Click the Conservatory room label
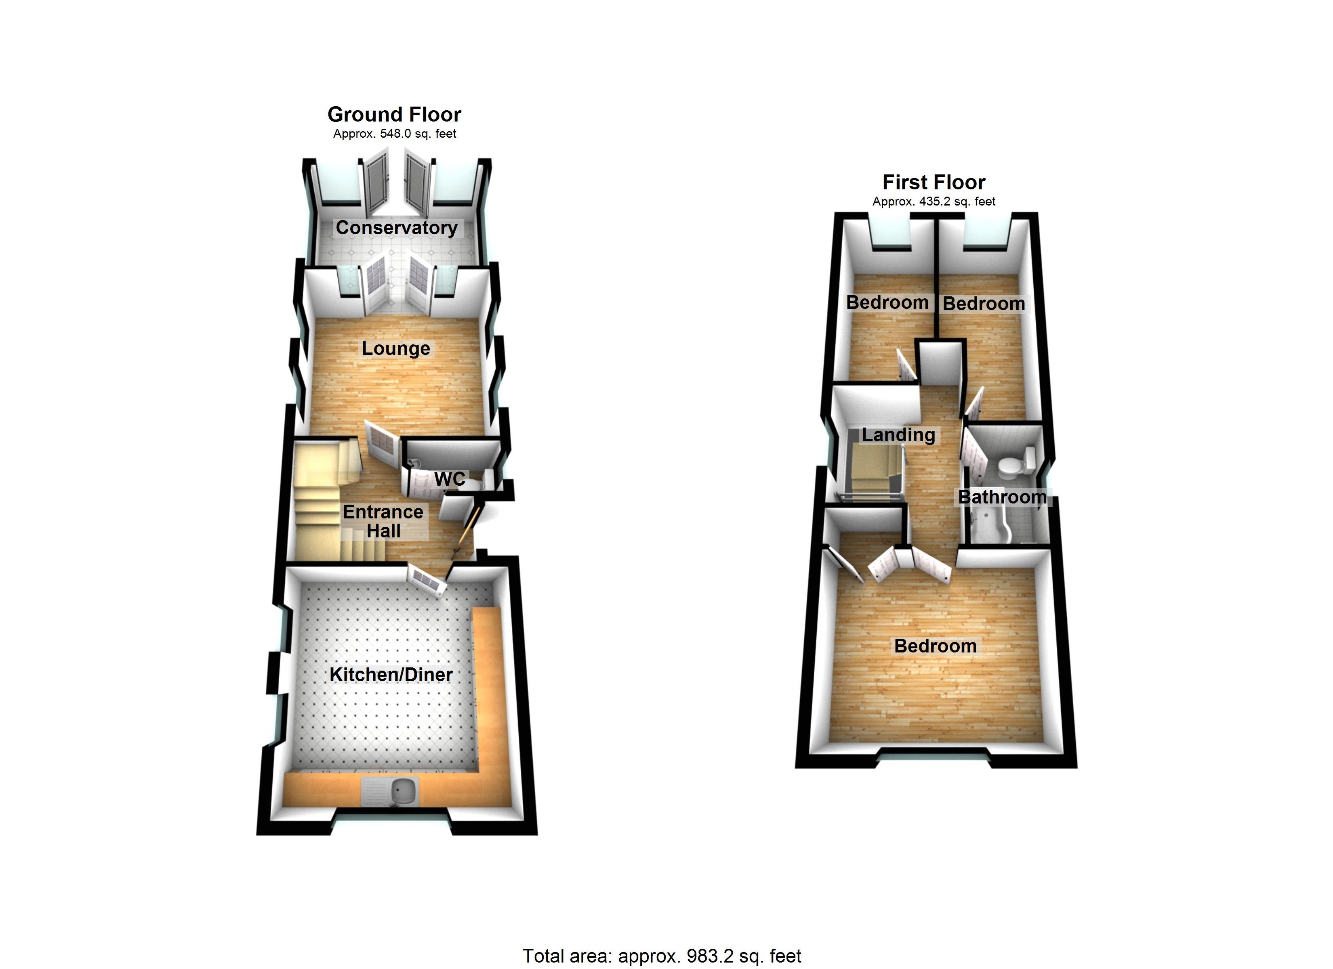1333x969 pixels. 396,228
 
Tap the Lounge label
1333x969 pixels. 395,348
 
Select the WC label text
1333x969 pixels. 450,479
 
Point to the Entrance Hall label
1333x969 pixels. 383,521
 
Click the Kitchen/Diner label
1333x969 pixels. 391,675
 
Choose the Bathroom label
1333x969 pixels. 1002,497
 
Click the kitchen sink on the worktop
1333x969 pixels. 390,791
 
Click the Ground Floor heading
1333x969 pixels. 394,114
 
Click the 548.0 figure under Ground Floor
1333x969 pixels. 395,134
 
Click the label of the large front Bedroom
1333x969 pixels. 935,646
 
